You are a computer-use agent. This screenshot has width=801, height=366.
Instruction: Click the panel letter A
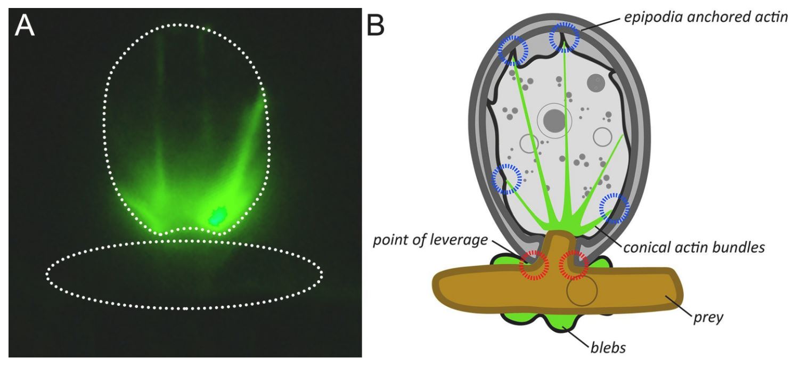coord(24,26)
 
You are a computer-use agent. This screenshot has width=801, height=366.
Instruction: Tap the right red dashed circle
coord(574,265)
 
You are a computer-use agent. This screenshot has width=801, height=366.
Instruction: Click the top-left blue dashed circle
coord(512,51)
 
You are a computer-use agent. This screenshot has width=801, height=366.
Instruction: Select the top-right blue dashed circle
coord(564,38)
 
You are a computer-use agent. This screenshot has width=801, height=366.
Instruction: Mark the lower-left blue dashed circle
coord(505,179)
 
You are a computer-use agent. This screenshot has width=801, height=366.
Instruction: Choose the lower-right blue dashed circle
coord(614,208)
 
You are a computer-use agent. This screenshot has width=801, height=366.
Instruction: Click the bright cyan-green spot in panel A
coord(217,216)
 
